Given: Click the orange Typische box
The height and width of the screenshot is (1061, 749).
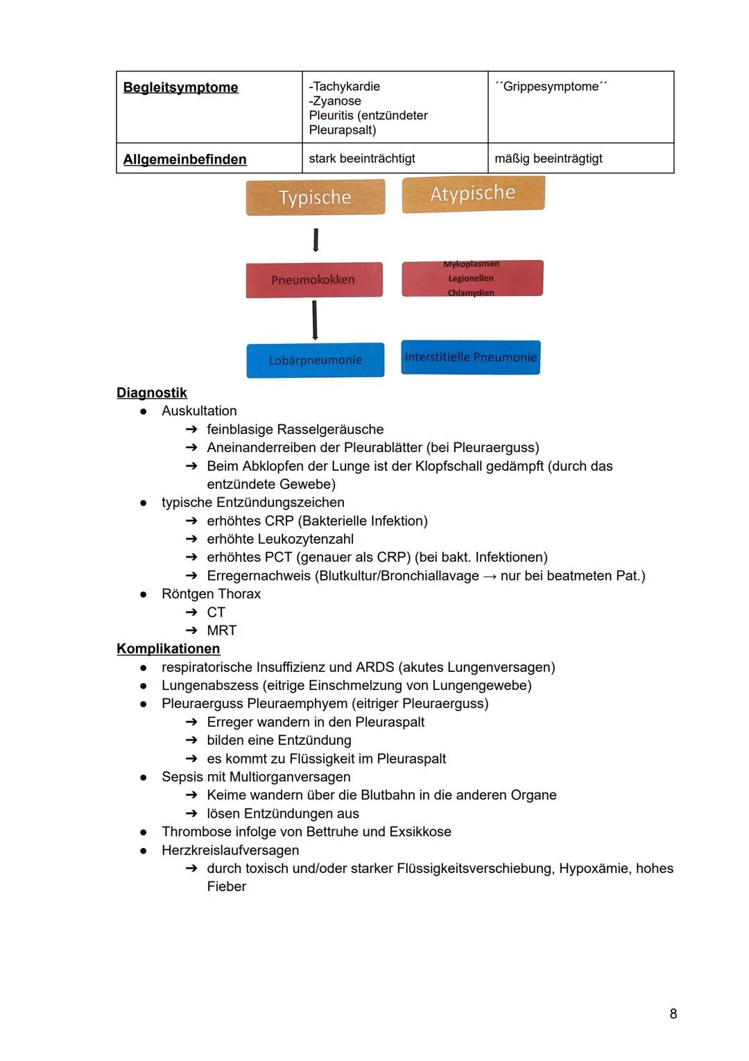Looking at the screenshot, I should click(x=315, y=198).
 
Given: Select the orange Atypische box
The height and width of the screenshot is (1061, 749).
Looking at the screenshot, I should click(x=473, y=193).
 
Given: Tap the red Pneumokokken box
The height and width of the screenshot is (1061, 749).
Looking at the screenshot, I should click(x=313, y=279).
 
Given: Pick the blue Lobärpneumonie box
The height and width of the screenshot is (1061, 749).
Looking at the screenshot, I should click(x=316, y=360).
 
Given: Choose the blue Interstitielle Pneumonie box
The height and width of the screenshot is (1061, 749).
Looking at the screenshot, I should click(x=470, y=357).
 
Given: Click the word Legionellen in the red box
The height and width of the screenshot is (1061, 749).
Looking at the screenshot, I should click(x=471, y=279).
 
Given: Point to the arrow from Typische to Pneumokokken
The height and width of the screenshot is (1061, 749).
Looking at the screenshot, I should click(x=316, y=240).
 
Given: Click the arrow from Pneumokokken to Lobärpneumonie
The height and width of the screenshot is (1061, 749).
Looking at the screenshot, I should click(x=315, y=320).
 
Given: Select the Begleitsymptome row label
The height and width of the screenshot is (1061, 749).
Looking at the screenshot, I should click(x=180, y=87).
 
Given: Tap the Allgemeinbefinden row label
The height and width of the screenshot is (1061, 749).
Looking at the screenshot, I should click(x=184, y=159).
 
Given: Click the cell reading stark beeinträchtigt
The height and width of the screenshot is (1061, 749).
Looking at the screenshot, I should click(x=362, y=159).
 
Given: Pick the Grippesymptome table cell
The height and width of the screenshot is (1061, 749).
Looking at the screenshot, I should click(x=551, y=87).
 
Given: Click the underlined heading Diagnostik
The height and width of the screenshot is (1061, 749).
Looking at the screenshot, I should click(x=152, y=393).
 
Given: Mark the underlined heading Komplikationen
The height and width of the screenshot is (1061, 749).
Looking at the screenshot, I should click(x=169, y=648).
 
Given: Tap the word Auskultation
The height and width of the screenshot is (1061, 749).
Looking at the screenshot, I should click(x=199, y=411).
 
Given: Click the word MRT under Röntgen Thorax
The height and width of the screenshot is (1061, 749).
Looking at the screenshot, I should click(x=222, y=630).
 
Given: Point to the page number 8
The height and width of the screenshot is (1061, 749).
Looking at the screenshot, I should click(x=673, y=1014).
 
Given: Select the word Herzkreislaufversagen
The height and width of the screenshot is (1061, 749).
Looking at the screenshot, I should click(x=230, y=850).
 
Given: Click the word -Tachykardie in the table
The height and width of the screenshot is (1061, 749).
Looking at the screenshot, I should click(x=345, y=87).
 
